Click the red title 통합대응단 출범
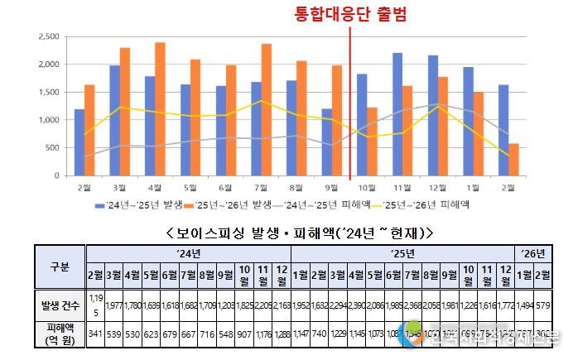tap(351, 14)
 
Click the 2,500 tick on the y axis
tap(49, 37)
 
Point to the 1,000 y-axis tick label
tap(49, 120)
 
